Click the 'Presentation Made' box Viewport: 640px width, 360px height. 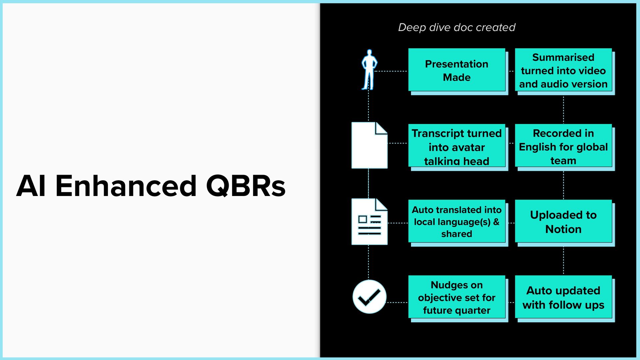(x=457, y=70)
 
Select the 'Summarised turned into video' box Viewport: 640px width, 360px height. (x=563, y=70)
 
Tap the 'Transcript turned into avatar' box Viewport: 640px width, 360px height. (x=457, y=146)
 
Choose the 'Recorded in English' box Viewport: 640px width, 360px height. (x=563, y=146)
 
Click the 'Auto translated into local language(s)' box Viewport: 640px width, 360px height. (x=457, y=221)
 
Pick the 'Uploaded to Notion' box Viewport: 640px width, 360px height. (x=563, y=221)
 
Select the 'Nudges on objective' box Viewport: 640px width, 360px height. (x=457, y=297)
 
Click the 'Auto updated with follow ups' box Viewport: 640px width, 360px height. (x=563, y=297)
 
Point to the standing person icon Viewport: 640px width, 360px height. (x=369, y=70)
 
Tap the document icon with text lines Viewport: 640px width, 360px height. (x=369, y=222)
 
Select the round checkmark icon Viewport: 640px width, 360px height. (x=369, y=296)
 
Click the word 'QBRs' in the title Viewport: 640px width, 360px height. (x=246, y=186)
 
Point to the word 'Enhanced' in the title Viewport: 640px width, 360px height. (x=126, y=186)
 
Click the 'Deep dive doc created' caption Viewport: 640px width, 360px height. (x=457, y=27)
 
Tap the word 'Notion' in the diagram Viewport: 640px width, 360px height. (x=563, y=229)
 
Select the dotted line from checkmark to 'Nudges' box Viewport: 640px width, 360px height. (x=397, y=303)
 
